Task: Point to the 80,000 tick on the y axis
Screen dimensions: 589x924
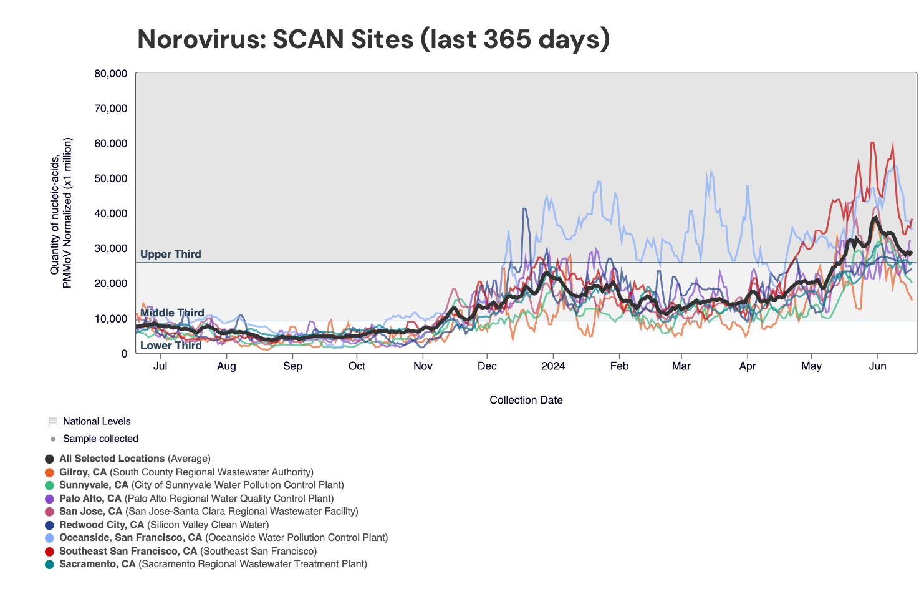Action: (x=111, y=74)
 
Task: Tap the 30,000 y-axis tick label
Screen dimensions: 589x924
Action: (x=111, y=248)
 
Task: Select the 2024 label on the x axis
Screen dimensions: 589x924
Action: (x=553, y=366)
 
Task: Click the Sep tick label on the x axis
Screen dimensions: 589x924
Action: (x=292, y=366)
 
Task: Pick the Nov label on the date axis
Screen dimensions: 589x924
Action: (x=423, y=366)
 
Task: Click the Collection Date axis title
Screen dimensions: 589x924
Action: (x=526, y=401)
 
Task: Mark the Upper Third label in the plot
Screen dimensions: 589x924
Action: (x=170, y=255)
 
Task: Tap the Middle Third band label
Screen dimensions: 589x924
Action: (x=172, y=313)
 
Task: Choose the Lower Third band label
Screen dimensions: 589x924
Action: (x=171, y=346)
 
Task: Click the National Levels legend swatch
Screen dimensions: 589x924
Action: (x=53, y=422)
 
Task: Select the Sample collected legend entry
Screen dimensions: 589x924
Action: (x=100, y=439)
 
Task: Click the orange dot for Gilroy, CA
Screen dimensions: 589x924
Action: (x=50, y=472)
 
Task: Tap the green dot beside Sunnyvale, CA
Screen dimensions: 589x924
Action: (x=50, y=485)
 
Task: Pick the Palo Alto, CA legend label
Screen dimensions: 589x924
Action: (x=90, y=499)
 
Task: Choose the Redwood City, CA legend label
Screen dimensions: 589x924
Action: (x=102, y=525)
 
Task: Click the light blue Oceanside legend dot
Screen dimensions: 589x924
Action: (x=50, y=538)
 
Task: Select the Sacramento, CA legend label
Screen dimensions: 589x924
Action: (x=97, y=564)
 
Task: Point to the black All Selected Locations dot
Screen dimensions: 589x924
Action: (x=50, y=459)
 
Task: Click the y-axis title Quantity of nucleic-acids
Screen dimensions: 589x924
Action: (x=55, y=206)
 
